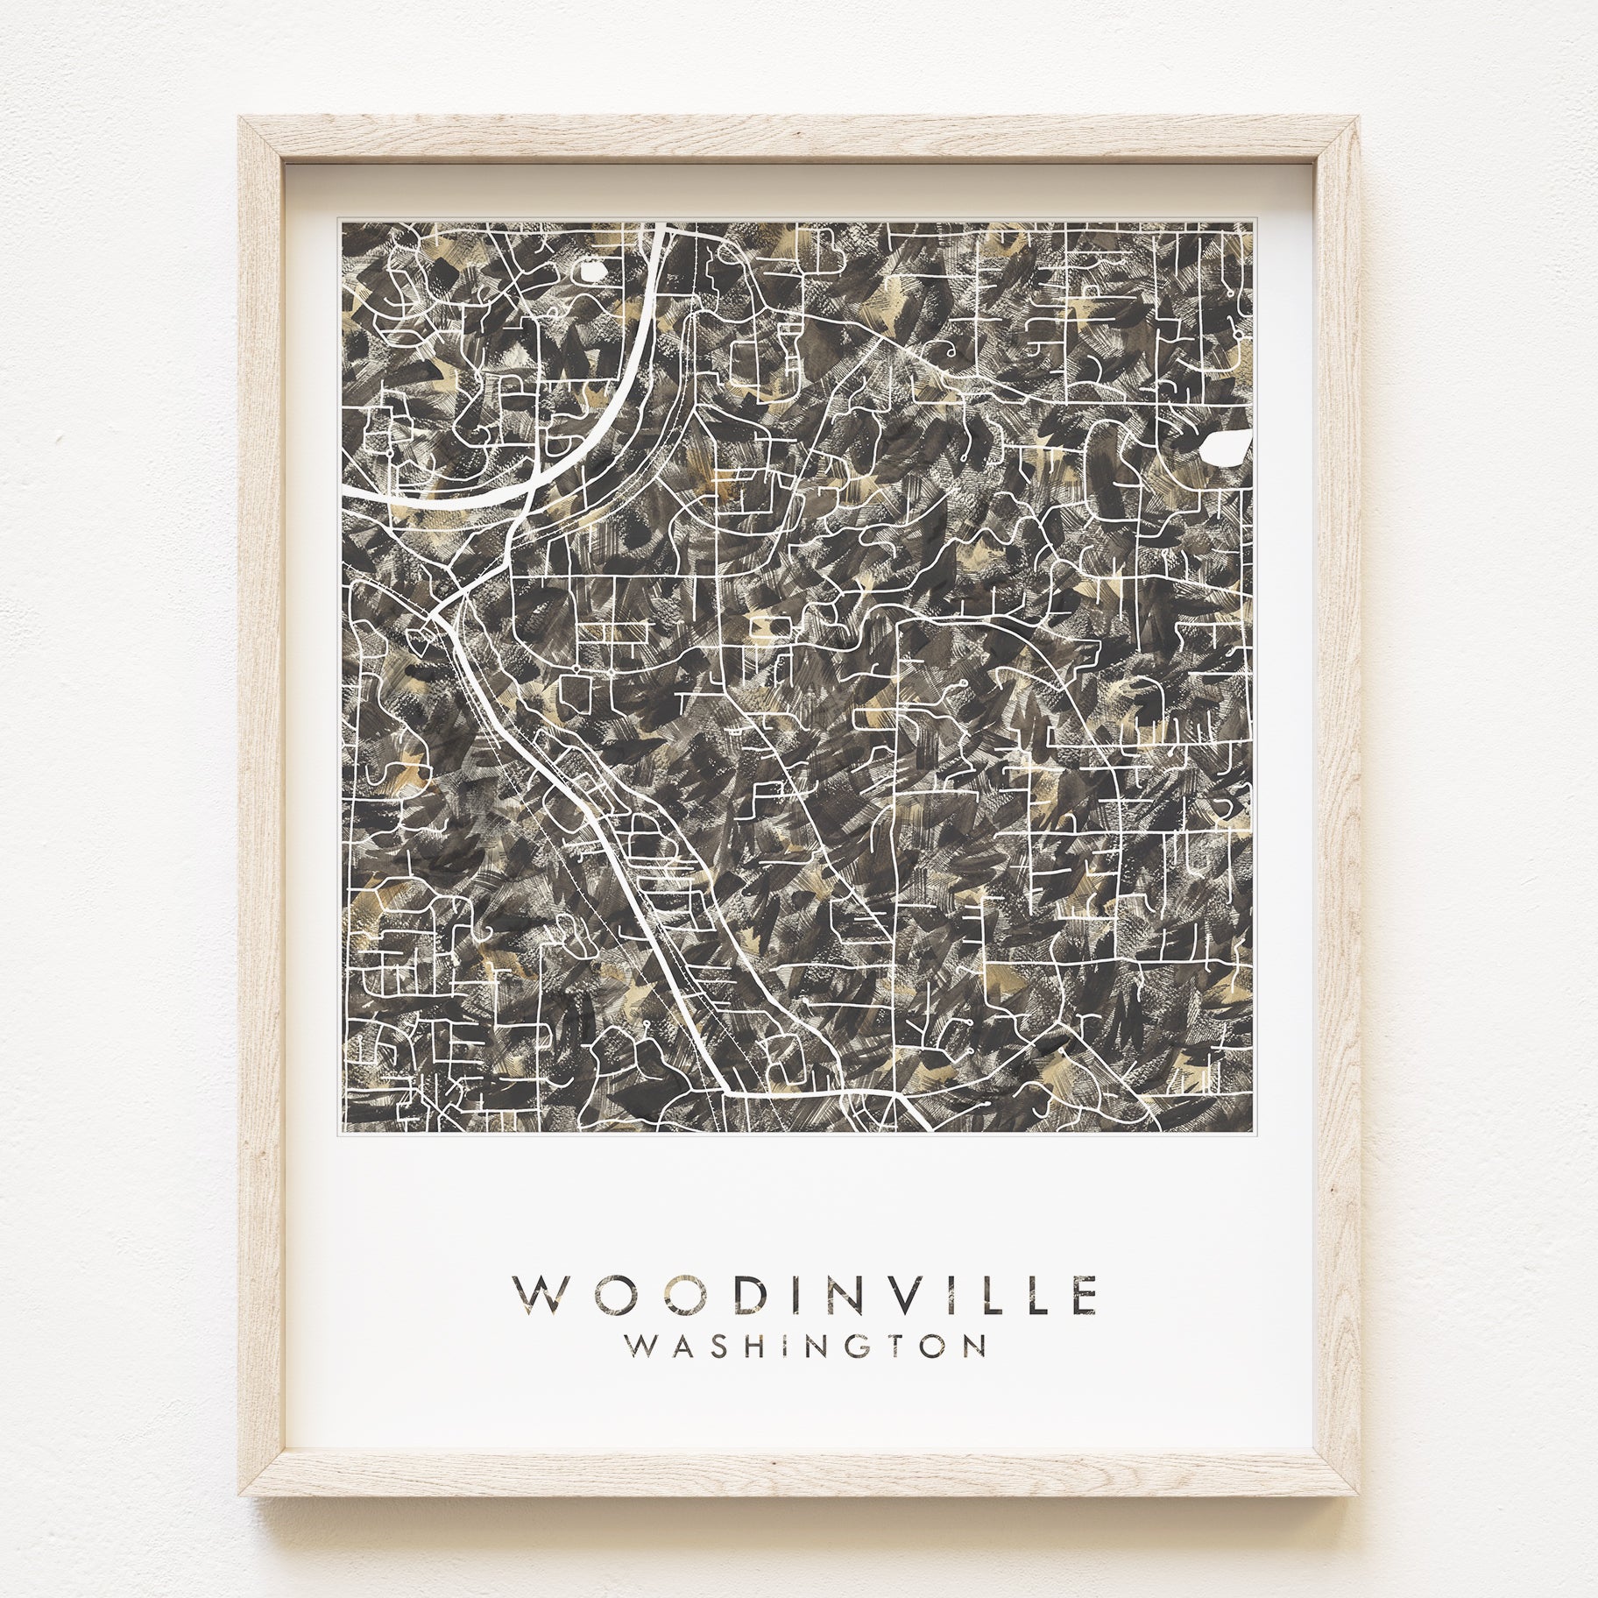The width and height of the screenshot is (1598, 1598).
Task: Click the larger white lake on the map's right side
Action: (1224, 448)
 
